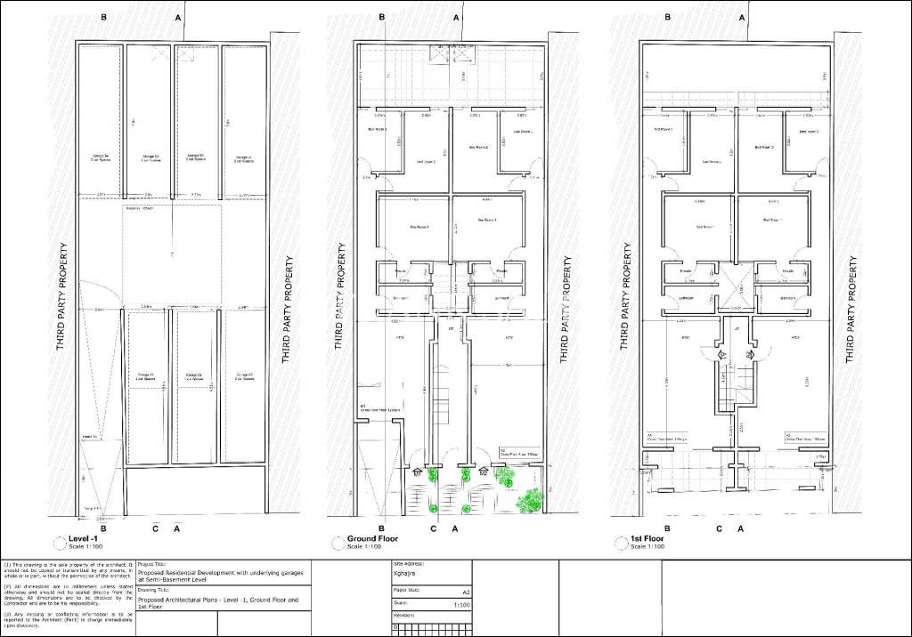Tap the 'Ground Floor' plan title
pyautogui.click(x=373, y=538)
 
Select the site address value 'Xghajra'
pyautogui.click(x=406, y=575)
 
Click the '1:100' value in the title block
pyautogui.click(x=462, y=604)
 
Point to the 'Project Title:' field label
pyautogui.click(x=153, y=564)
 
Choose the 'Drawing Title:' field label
pyautogui.click(x=154, y=590)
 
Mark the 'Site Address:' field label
pyautogui.click(x=409, y=564)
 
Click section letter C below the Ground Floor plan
pyautogui.click(x=434, y=528)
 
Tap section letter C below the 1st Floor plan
pyautogui.click(x=719, y=528)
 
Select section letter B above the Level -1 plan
pyautogui.click(x=104, y=18)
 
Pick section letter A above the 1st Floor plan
pyautogui.click(x=740, y=18)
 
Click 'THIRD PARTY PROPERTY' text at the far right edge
pyautogui.click(x=853, y=310)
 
